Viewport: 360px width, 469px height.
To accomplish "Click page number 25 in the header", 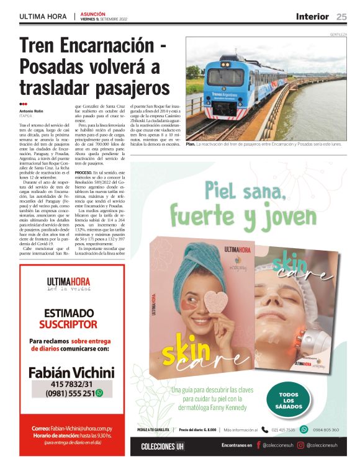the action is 342,16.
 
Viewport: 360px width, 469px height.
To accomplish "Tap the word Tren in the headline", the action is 40,48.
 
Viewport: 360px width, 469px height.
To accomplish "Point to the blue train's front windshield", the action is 225,76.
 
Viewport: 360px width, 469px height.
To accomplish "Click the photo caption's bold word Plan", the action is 191,144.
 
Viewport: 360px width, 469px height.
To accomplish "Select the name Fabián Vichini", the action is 71,372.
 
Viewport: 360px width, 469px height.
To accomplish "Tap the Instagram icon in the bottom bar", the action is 300,445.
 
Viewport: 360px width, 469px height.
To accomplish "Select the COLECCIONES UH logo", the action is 163,446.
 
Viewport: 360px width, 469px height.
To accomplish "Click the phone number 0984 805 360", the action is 326,429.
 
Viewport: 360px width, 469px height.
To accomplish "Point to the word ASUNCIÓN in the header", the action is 93,14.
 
